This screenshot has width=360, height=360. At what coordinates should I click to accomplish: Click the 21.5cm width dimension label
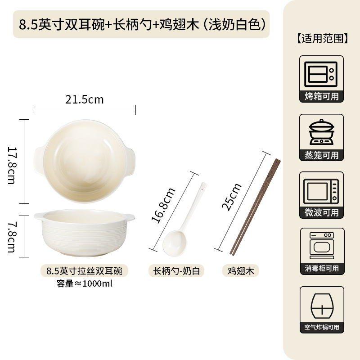(x=85, y=99)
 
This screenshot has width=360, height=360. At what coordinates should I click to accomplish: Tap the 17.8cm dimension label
(x=12, y=165)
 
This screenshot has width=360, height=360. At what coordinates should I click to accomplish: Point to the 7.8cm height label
(x=12, y=237)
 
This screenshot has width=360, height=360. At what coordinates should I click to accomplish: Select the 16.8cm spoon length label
(x=163, y=205)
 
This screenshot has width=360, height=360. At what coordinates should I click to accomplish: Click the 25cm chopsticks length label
(x=231, y=197)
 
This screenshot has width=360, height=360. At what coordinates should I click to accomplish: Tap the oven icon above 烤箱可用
(x=321, y=74)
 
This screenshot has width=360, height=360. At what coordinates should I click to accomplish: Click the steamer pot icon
(x=321, y=132)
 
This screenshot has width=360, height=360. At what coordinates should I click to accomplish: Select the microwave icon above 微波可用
(x=321, y=192)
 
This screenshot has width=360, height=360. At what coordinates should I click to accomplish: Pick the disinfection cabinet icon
(x=322, y=245)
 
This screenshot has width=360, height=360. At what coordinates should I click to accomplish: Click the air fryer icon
(x=322, y=306)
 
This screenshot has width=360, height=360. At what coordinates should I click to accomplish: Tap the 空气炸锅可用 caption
(x=322, y=327)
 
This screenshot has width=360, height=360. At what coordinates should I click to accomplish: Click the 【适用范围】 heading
(x=322, y=38)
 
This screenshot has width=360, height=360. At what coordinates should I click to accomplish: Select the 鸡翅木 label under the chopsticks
(x=241, y=271)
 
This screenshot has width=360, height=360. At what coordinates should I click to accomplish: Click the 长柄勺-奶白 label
(x=176, y=271)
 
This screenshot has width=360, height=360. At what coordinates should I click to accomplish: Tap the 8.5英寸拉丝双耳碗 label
(x=84, y=271)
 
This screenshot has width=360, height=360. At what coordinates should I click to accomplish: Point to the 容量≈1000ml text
(x=85, y=283)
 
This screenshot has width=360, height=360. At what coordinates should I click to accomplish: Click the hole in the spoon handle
(x=202, y=190)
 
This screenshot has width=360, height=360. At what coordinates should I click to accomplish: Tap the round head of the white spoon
(x=175, y=243)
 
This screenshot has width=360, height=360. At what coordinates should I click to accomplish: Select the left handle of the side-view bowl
(x=39, y=216)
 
